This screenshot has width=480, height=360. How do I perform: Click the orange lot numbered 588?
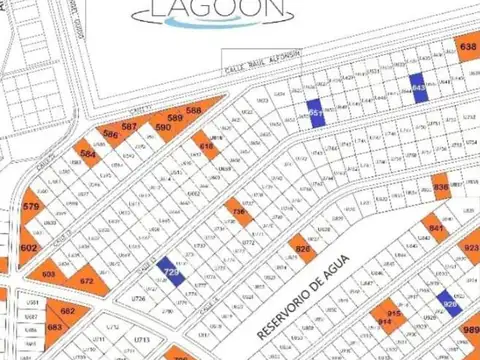tap(194, 111)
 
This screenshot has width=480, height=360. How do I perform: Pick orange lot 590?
tap(163, 128)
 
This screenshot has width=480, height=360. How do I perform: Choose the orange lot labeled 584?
tap(89, 155)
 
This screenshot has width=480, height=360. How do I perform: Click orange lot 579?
tap(31, 208)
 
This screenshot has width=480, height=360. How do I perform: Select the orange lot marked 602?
tap(29, 247)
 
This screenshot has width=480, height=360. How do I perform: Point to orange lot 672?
tap(87, 280)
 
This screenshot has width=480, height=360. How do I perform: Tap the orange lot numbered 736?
tap(238, 212)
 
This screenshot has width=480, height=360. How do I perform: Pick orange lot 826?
tap(303, 247)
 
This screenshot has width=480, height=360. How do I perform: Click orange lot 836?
tap(441, 187)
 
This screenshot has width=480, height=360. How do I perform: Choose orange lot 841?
tap(436, 228)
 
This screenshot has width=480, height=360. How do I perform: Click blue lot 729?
tap(171, 272)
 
